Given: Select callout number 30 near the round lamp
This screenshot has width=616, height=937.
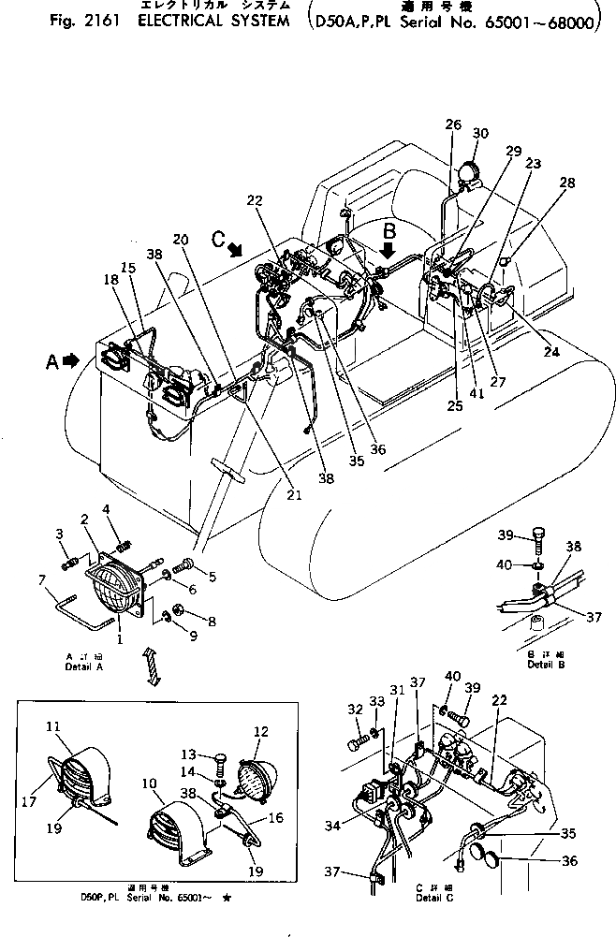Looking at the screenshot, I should pos(480,133).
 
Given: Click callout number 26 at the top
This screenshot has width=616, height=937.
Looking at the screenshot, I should pos(453,124).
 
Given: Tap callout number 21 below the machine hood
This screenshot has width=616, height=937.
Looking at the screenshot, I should pos(293,494).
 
